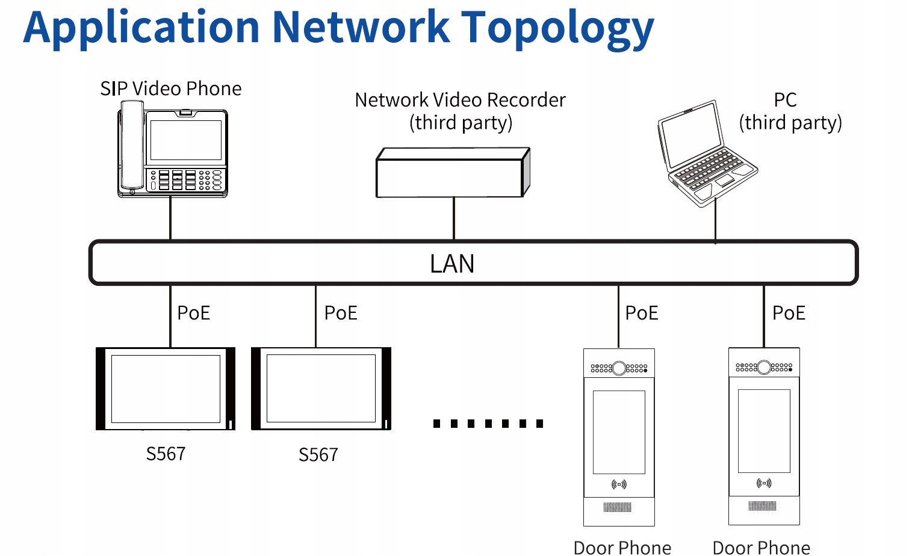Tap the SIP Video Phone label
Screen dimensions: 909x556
(171, 88)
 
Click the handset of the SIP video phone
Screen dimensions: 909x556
(132, 145)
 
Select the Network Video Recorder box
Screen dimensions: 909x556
(453, 172)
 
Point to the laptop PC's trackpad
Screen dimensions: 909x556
(724, 181)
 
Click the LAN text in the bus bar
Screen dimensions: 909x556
(452, 264)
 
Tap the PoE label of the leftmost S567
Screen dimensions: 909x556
(194, 313)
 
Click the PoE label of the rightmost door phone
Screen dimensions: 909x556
(789, 313)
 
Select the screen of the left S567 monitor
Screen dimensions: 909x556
(166, 389)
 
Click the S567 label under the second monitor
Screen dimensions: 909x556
(318, 455)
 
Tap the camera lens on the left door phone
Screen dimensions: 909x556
(619, 368)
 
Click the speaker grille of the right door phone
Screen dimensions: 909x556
(762, 505)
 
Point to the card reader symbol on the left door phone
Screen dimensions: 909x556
(619, 484)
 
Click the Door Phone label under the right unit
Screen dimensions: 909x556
(762, 548)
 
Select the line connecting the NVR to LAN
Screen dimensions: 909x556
(454, 218)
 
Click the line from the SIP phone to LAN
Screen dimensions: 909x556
(170, 218)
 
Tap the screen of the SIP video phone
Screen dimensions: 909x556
(186, 140)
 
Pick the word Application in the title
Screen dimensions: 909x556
(141, 28)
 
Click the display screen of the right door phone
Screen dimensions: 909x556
(764, 431)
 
